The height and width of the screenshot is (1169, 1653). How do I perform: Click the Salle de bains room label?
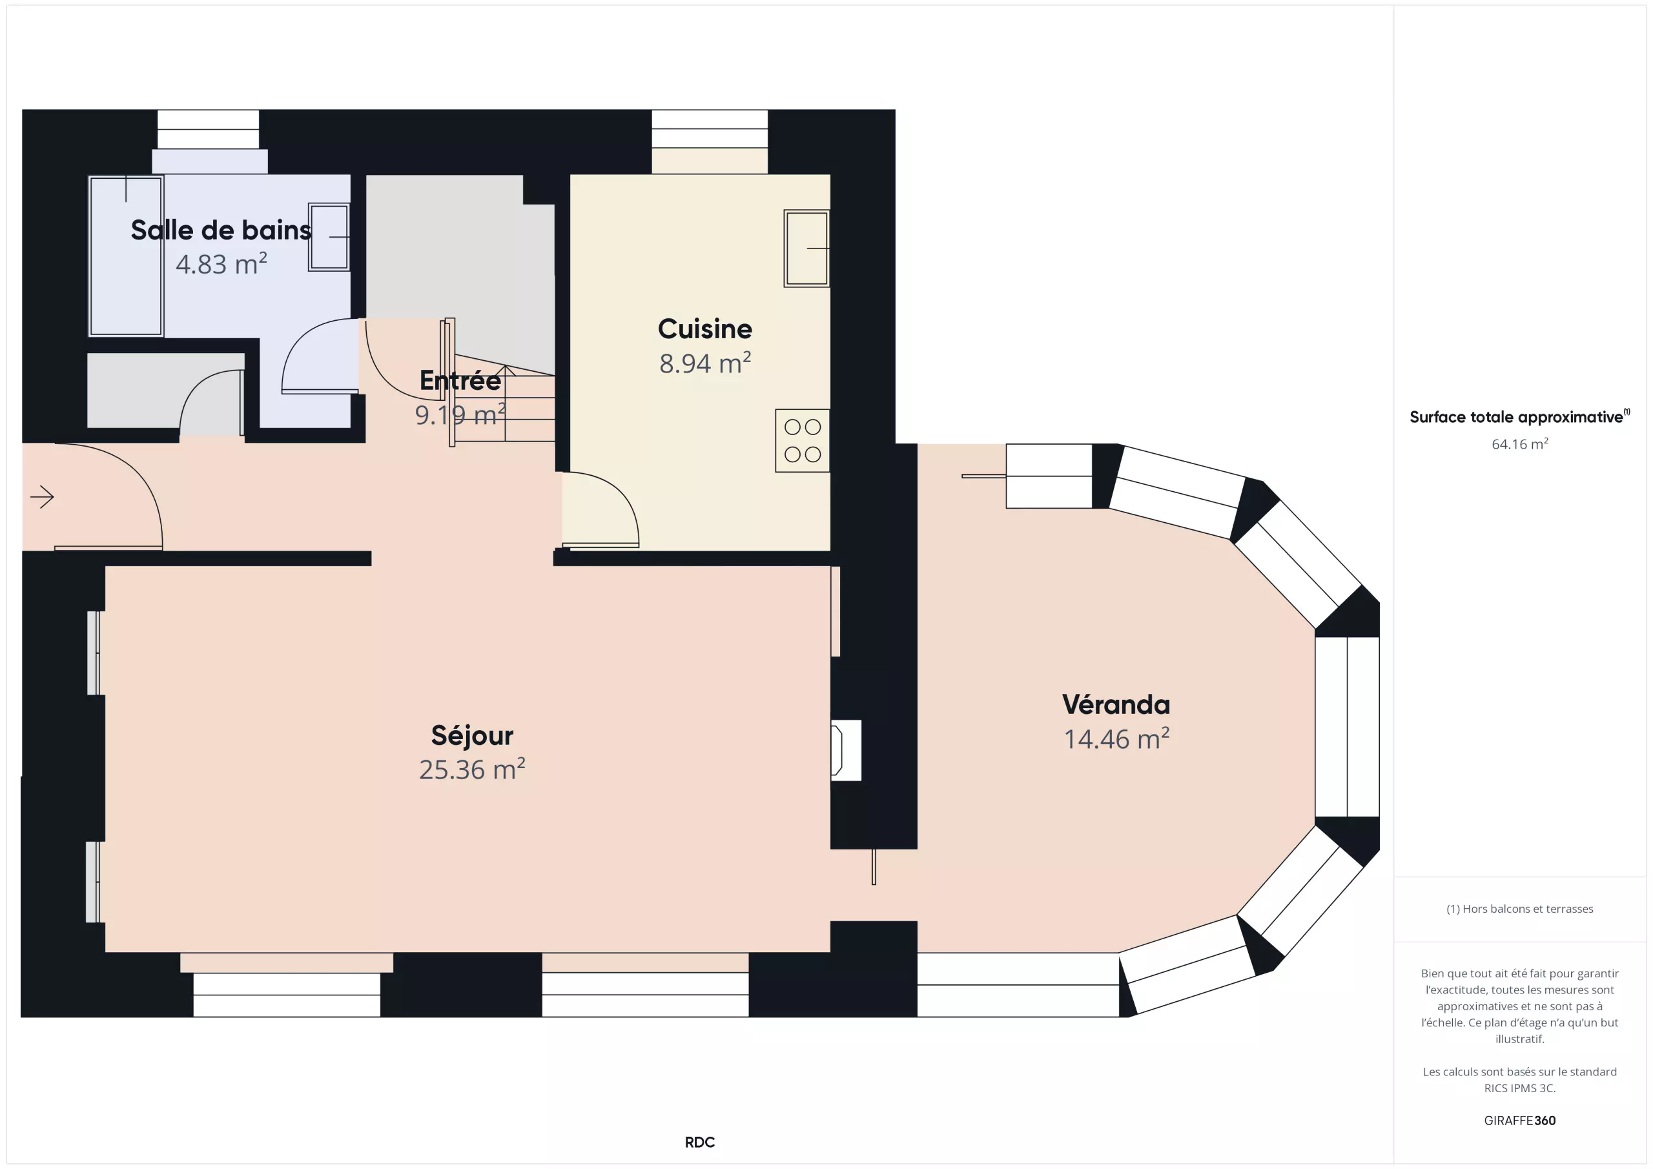[x=221, y=230]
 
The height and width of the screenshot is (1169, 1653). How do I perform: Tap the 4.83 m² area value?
[x=221, y=264]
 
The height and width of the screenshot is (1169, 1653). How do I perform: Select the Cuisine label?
[x=705, y=329]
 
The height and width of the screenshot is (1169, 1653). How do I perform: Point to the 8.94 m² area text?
[x=705, y=363]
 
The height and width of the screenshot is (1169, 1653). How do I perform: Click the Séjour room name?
[x=472, y=735]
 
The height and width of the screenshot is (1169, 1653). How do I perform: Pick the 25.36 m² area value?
[x=472, y=769]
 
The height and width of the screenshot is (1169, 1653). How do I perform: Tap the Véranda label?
[x=1116, y=704]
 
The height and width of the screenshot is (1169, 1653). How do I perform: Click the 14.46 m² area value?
[x=1116, y=738]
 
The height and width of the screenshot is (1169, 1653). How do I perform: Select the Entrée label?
[x=460, y=380]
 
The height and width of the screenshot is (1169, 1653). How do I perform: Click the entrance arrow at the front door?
[x=43, y=496]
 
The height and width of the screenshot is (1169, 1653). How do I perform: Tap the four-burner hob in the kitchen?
[x=802, y=440]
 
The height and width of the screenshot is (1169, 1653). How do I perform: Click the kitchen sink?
[x=806, y=249]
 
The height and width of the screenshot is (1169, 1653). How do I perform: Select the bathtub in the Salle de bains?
[x=126, y=256]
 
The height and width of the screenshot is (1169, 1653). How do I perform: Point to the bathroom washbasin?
[x=329, y=237]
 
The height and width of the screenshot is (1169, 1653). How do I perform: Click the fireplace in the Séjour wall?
[x=846, y=750]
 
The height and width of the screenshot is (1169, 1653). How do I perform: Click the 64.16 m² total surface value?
[x=1520, y=443]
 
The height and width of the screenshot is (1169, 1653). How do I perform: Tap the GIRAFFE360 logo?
[x=1520, y=1120]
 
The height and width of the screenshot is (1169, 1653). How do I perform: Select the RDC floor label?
[x=700, y=1143]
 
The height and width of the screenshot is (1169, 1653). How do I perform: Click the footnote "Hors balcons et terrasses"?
[x=1520, y=908]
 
